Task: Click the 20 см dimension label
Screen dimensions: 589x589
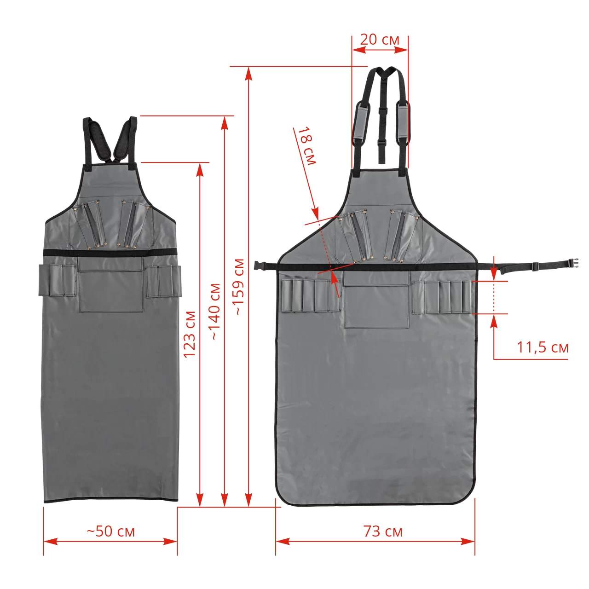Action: [x=379, y=40]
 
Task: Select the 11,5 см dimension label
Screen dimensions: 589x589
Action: [x=542, y=347]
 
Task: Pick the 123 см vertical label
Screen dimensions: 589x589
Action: [x=190, y=335]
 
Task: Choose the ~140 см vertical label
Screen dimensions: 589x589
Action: [x=215, y=312]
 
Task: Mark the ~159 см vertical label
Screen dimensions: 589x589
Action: [x=239, y=287]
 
